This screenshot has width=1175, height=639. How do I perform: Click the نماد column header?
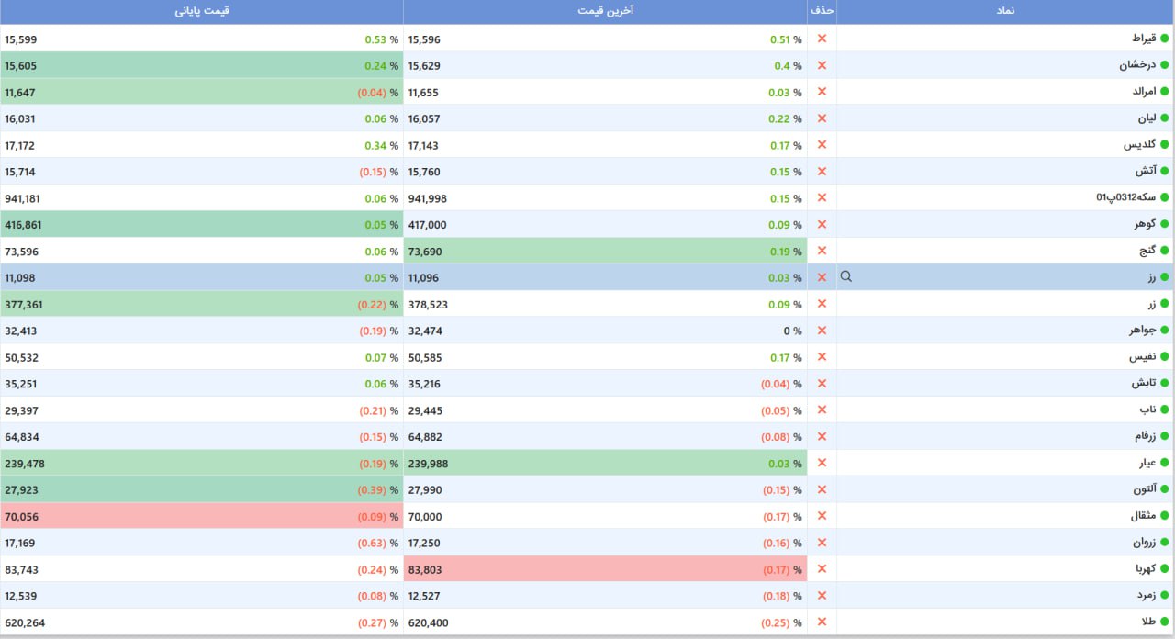(x=1005, y=11)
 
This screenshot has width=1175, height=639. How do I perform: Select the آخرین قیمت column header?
(x=605, y=11)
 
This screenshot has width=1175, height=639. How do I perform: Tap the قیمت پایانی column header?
(x=202, y=11)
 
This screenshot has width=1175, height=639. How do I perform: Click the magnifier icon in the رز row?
(x=846, y=276)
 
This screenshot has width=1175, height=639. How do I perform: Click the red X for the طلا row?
(x=822, y=622)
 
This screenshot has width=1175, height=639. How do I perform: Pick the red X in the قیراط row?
(x=822, y=39)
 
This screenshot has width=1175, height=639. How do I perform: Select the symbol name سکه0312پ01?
(x=1125, y=197)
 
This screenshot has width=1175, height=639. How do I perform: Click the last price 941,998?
(x=428, y=199)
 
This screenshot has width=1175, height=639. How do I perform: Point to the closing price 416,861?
(x=23, y=225)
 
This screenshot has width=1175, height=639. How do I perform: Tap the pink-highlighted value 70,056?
(x=21, y=517)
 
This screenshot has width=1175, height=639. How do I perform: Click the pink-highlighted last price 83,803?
(x=425, y=570)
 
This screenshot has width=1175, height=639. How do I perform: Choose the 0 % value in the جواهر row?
(x=792, y=331)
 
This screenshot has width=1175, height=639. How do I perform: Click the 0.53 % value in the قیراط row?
(x=381, y=39)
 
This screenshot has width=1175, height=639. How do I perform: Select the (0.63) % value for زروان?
(x=378, y=543)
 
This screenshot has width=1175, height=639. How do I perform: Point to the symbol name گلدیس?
(x=1139, y=144)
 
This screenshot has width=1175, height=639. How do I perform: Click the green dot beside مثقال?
(x=1165, y=516)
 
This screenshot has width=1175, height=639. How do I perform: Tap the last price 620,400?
(x=428, y=623)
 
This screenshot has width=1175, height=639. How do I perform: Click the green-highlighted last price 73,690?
(x=425, y=252)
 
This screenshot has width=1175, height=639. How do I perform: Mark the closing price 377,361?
(x=23, y=305)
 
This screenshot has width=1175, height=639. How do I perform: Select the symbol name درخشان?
(x=1137, y=65)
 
